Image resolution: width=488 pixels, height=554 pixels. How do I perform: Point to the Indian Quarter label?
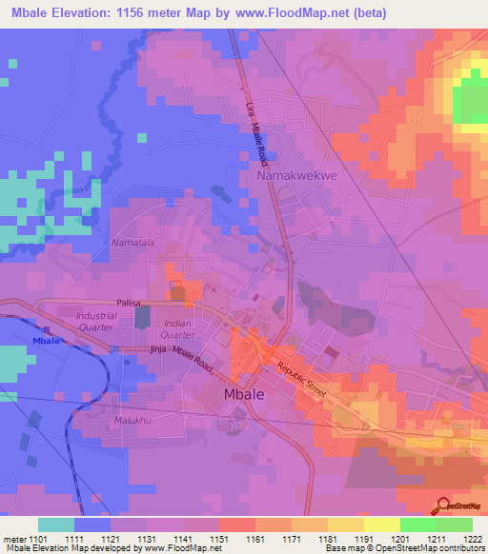(x=177, y=328)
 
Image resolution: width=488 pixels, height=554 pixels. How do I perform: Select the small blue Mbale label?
(x=46, y=340)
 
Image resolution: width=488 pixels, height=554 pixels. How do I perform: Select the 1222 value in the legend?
(x=473, y=539)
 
